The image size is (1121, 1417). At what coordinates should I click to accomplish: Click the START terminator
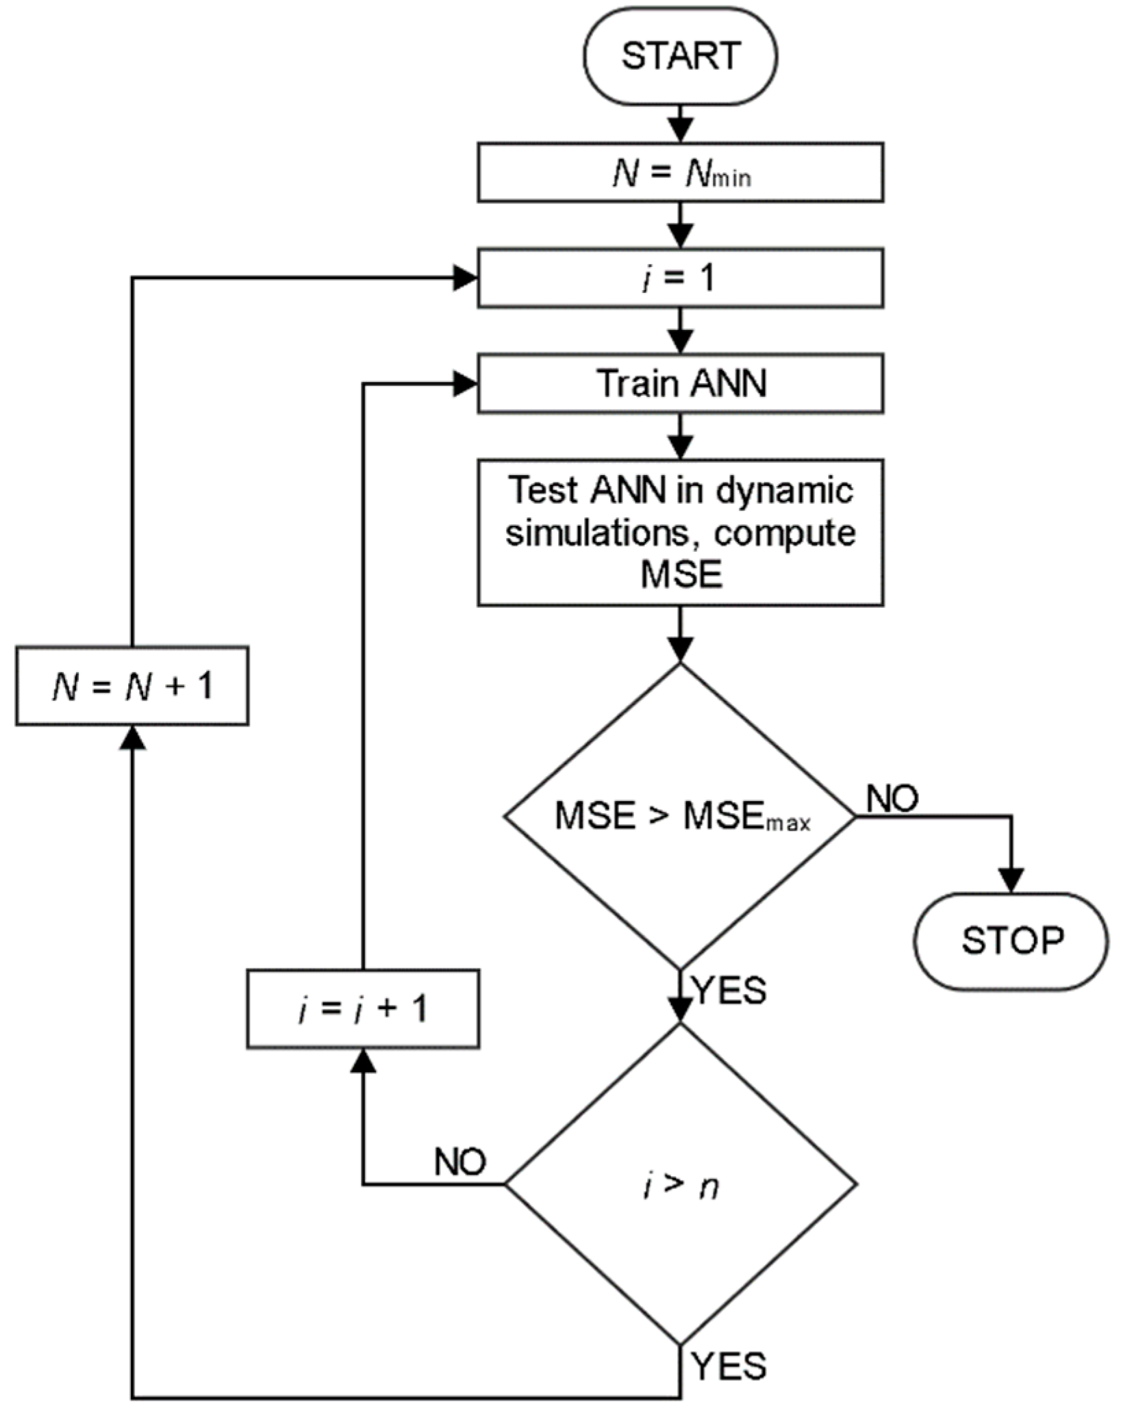click(x=680, y=55)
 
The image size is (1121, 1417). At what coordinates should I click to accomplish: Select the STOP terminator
click(x=1011, y=941)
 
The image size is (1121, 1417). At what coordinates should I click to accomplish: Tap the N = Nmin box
click(x=680, y=173)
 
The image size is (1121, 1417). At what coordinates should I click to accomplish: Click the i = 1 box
click(x=680, y=278)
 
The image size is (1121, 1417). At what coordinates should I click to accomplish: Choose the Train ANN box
click(x=680, y=383)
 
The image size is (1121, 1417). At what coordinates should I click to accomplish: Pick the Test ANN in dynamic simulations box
click(x=680, y=533)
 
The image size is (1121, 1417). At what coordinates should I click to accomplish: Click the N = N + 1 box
click(x=132, y=685)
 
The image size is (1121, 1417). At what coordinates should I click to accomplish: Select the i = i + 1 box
click(x=362, y=1008)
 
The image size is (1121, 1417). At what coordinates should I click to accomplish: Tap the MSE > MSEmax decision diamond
click(x=680, y=816)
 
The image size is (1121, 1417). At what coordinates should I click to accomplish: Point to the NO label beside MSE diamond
click(x=892, y=798)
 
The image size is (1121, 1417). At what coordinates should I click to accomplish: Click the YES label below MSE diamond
click(x=730, y=990)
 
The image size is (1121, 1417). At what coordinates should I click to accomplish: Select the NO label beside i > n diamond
click(x=460, y=1162)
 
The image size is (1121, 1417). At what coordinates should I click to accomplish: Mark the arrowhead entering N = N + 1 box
click(x=132, y=737)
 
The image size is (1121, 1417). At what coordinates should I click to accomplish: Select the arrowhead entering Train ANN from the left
click(x=465, y=385)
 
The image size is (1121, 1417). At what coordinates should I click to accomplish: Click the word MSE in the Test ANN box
click(x=681, y=574)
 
